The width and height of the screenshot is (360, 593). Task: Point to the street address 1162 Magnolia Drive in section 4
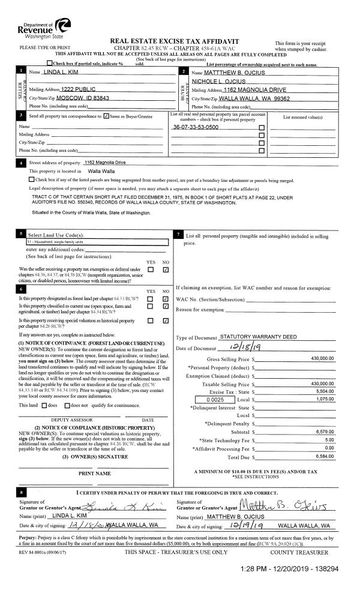tap(105, 163)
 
